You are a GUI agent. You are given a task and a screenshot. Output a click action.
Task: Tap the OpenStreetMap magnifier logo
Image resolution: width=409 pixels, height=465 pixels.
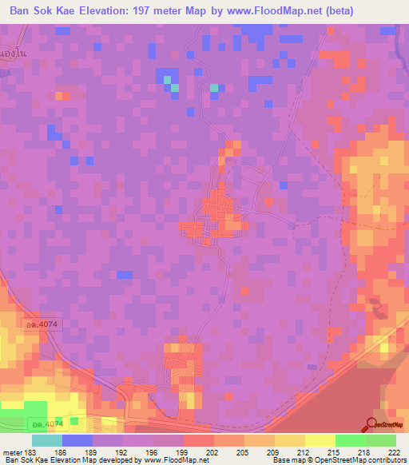pos(372,423)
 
